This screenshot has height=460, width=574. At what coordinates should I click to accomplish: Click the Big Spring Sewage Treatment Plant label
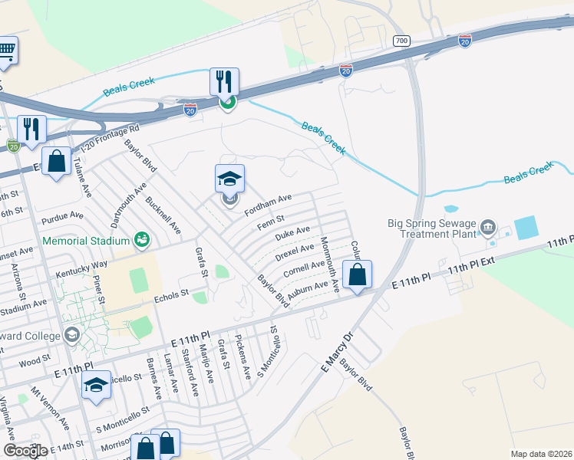pos(432,230)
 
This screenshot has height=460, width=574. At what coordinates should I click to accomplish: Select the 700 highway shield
pos(400,41)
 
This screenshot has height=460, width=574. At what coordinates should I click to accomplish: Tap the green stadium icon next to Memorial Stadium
pos(141,241)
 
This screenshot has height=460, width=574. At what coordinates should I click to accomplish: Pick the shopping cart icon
pos(6,51)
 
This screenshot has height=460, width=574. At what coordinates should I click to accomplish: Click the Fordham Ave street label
pos(268,204)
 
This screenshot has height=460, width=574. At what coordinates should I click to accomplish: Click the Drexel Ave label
pos(296,251)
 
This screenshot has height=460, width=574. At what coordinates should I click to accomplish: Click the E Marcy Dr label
pos(335,353)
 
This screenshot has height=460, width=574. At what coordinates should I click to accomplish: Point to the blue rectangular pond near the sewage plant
pos(526,227)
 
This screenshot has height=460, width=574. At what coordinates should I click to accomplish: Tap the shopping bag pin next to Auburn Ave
pos(357,275)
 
